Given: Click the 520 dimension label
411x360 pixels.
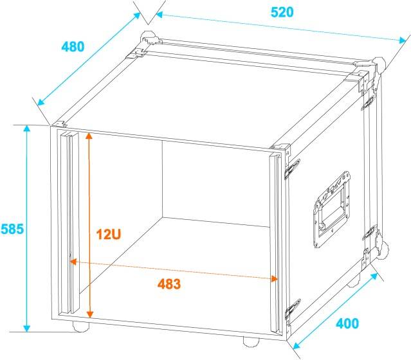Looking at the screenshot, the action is click(x=282, y=12).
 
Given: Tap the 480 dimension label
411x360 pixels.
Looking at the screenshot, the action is click(x=73, y=47).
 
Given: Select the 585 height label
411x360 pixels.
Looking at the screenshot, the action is click(x=12, y=229).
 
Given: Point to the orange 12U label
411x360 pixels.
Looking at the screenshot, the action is click(x=109, y=234).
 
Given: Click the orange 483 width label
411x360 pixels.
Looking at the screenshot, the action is click(x=169, y=284).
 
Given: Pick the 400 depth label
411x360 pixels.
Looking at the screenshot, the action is click(x=347, y=323).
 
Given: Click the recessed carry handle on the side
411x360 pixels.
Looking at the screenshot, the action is click(x=332, y=209).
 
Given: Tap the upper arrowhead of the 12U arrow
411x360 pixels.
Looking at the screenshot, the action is click(x=89, y=136).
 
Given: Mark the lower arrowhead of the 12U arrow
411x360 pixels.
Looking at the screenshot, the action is click(x=90, y=314).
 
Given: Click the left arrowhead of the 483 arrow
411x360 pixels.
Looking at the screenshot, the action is click(x=73, y=262).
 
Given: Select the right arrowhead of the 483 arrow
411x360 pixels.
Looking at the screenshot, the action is click(x=275, y=279).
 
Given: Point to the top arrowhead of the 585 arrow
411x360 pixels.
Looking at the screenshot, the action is click(x=27, y=129).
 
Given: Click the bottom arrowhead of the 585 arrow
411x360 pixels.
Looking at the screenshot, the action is click(x=27, y=328).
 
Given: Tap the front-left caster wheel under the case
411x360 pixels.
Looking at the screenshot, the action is click(x=81, y=326).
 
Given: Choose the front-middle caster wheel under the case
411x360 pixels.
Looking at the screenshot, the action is click(x=251, y=341).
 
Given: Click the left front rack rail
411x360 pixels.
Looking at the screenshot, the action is click(x=69, y=222).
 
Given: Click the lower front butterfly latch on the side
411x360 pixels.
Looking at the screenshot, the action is click(x=293, y=309).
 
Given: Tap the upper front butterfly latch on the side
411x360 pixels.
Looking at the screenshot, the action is click(x=293, y=169).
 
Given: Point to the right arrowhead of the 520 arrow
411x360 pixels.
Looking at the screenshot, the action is click(x=403, y=40).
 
